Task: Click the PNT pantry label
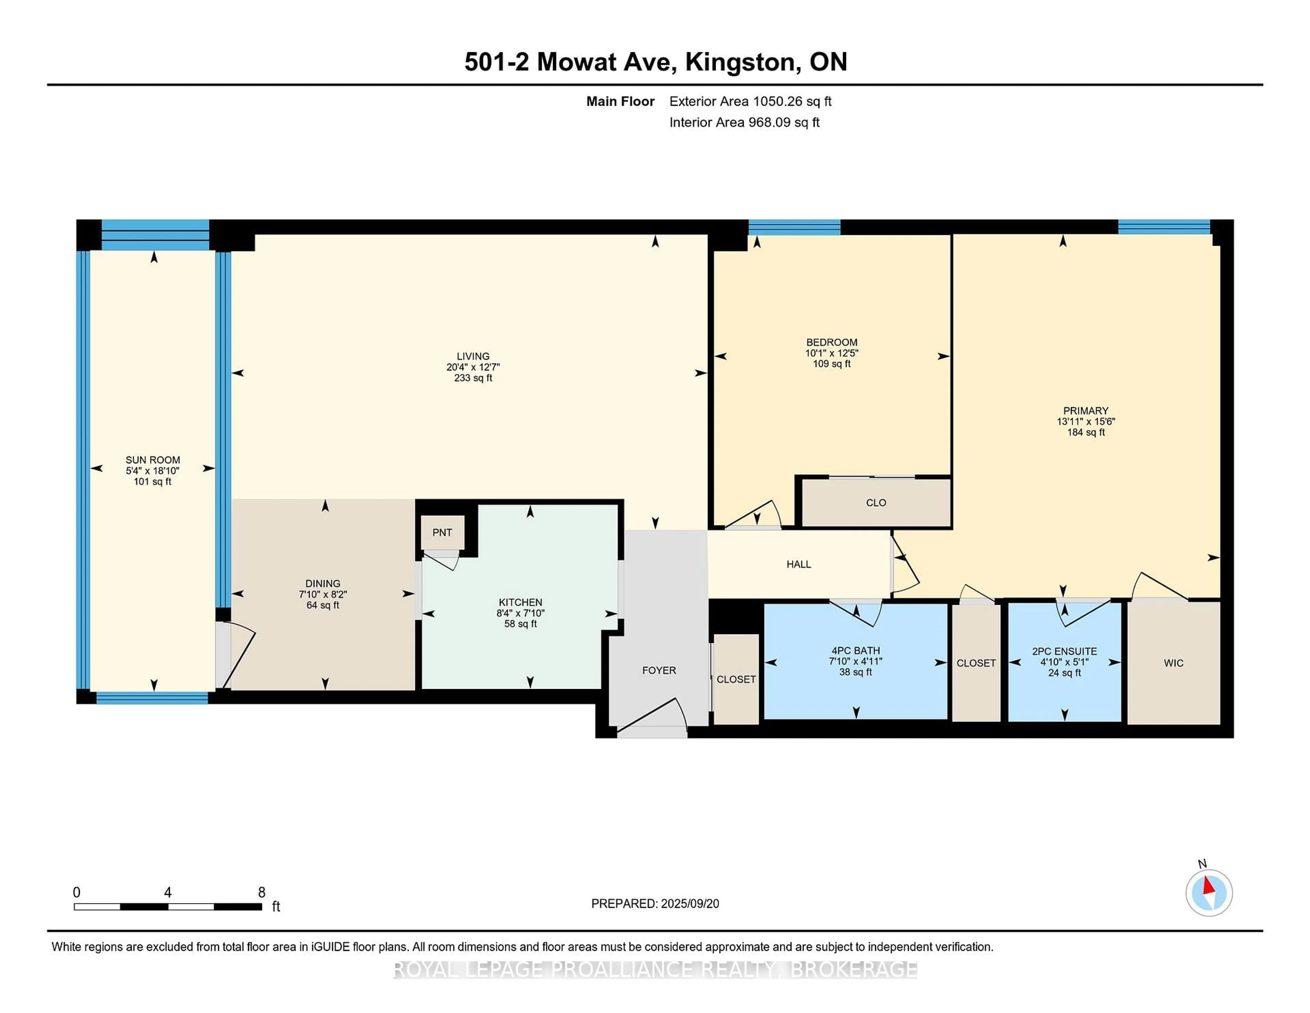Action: (x=442, y=532)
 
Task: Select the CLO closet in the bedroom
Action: (x=876, y=503)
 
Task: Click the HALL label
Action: (x=798, y=564)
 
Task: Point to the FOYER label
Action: (x=659, y=670)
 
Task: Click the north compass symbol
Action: (x=1209, y=893)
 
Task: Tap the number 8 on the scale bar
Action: (x=262, y=893)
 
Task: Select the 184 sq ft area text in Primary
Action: (x=1086, y=432)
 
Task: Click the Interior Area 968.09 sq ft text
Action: (x=744, y=123)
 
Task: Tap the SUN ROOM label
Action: (x=152, y=460)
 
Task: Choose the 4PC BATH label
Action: (x=855, y=651)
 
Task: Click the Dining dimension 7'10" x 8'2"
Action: (x=323, y=594)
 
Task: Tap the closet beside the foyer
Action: (x=736, y=679)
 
